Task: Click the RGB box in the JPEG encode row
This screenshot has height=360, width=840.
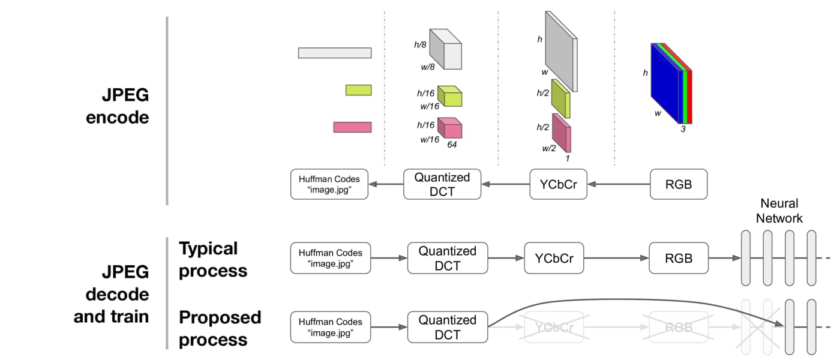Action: [679, 184]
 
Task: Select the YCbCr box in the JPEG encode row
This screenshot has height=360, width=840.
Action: [557, 184]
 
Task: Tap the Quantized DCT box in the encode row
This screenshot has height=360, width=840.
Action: [442, 184]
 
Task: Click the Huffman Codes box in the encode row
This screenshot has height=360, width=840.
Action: [328, 184]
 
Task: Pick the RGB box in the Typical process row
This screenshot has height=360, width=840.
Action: [679, 258]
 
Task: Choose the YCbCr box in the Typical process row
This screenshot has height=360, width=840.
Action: [553, 258]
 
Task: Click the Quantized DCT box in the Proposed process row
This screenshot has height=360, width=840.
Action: [447, 327]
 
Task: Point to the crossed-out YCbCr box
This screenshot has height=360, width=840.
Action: [553, 327]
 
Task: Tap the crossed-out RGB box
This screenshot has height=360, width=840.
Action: [679, 327]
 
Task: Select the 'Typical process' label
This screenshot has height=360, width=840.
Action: [212, 259]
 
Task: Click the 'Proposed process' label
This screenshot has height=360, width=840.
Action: [220, 328]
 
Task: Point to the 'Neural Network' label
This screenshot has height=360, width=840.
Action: [779, 211]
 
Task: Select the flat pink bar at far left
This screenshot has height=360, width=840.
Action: [352, 127]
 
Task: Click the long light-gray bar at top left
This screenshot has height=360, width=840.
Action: [334, 53]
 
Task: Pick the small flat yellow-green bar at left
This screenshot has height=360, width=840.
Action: [359, 90]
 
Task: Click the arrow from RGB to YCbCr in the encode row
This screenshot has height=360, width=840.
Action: [618, 184]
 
